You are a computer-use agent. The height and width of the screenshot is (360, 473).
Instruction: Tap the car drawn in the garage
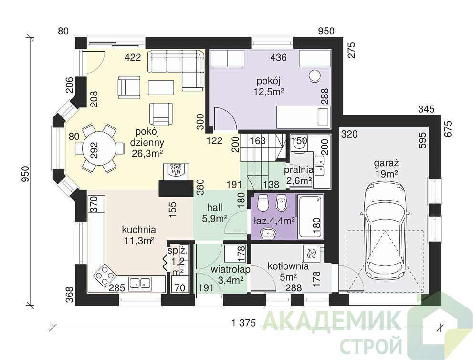(x=385, y=232)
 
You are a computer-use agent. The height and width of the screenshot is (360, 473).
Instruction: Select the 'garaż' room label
(x=387, y=164)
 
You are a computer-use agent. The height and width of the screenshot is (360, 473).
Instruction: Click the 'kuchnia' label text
(x=139, y=230)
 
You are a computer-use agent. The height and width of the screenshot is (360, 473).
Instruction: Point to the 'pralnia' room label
(x=299, y=170)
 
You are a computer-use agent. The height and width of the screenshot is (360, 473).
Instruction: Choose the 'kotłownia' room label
(x=288, y=266)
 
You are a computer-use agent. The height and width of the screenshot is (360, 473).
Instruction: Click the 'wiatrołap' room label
(x=231, y=269)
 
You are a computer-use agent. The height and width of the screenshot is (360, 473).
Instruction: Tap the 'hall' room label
(x=214, y=208)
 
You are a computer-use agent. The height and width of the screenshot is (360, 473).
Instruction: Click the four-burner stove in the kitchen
(x=105, y=275)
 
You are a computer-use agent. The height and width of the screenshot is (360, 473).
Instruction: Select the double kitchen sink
(x=140, y=283)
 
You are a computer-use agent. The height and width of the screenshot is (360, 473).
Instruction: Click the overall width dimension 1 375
(x=244, y=323)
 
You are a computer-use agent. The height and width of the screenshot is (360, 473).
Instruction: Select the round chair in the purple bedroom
(x=315, y=76)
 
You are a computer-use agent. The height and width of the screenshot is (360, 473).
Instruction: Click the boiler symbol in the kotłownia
(x=312, y=254)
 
